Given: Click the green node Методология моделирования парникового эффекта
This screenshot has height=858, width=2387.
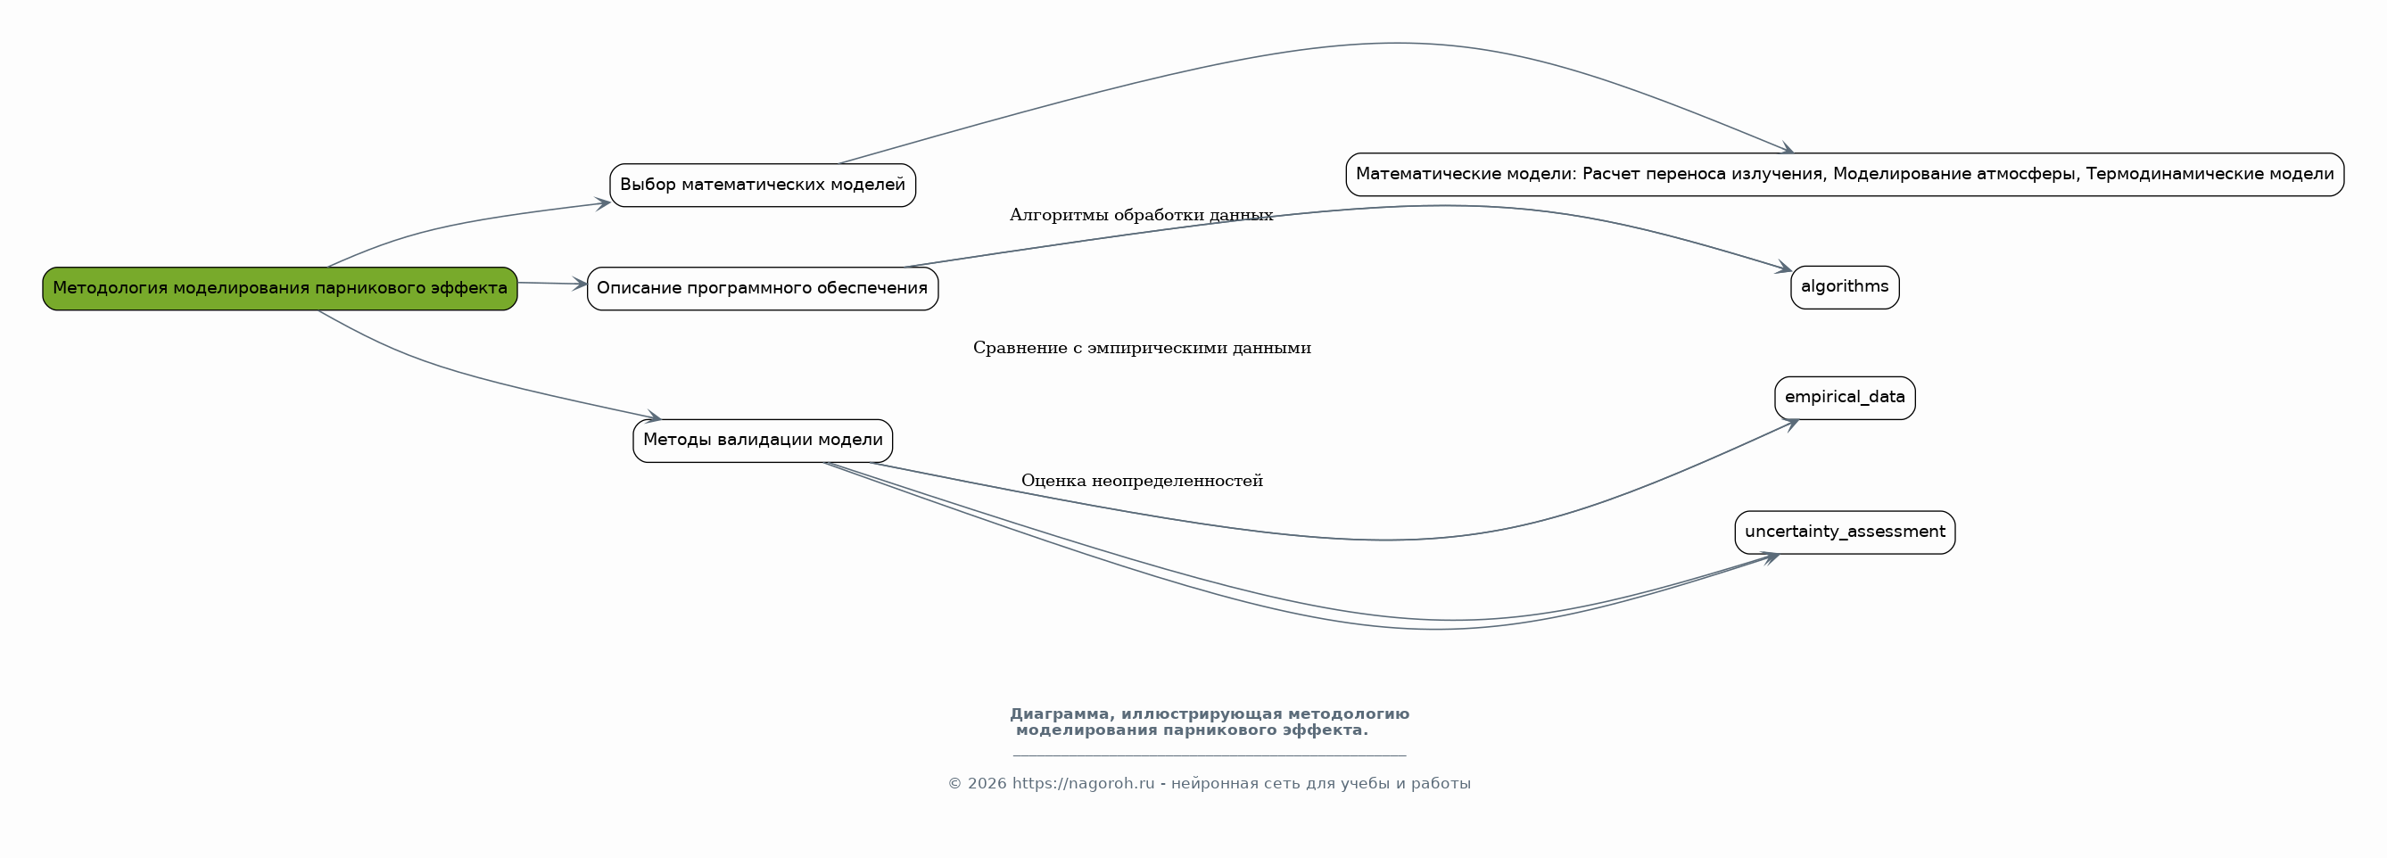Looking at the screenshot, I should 280,288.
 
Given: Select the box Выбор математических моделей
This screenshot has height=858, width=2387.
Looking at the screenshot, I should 763,186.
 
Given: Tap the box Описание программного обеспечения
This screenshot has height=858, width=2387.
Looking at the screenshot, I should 763,288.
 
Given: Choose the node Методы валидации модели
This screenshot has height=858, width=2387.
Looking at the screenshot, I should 763,440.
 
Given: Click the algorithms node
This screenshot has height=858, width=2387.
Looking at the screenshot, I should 1844,287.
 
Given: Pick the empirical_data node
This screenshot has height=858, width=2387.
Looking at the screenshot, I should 1844,398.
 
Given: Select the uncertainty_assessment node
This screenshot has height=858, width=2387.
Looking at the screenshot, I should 1844,532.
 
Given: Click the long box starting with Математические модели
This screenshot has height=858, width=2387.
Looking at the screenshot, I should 1844,174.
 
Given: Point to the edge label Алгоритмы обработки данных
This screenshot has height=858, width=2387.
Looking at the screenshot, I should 1141,216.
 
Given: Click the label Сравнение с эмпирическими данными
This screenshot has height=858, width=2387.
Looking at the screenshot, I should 1141,349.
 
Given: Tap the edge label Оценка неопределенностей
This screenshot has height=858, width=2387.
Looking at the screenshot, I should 1141,481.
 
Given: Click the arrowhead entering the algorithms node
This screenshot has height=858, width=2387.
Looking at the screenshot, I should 1784,268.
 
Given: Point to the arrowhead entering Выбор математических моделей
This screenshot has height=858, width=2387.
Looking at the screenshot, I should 603,203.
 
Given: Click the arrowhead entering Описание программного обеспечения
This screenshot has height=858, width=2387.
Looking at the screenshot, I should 580,285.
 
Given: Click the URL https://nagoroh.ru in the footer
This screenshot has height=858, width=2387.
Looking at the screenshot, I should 1082,784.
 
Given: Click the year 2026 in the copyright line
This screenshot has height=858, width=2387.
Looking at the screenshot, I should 987,784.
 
